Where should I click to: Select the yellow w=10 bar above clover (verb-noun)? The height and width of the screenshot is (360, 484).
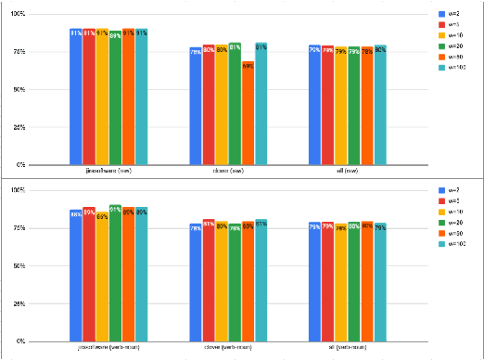(x=222, y=282)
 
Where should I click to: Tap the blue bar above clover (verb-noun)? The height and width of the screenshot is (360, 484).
(x=196, y=283)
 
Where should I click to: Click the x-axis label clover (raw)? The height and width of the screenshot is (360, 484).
(x=228, y=172)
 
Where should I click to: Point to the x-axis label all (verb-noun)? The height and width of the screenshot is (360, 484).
(x=348, y=347)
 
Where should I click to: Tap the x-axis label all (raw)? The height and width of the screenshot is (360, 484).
(x=348, y=172)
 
